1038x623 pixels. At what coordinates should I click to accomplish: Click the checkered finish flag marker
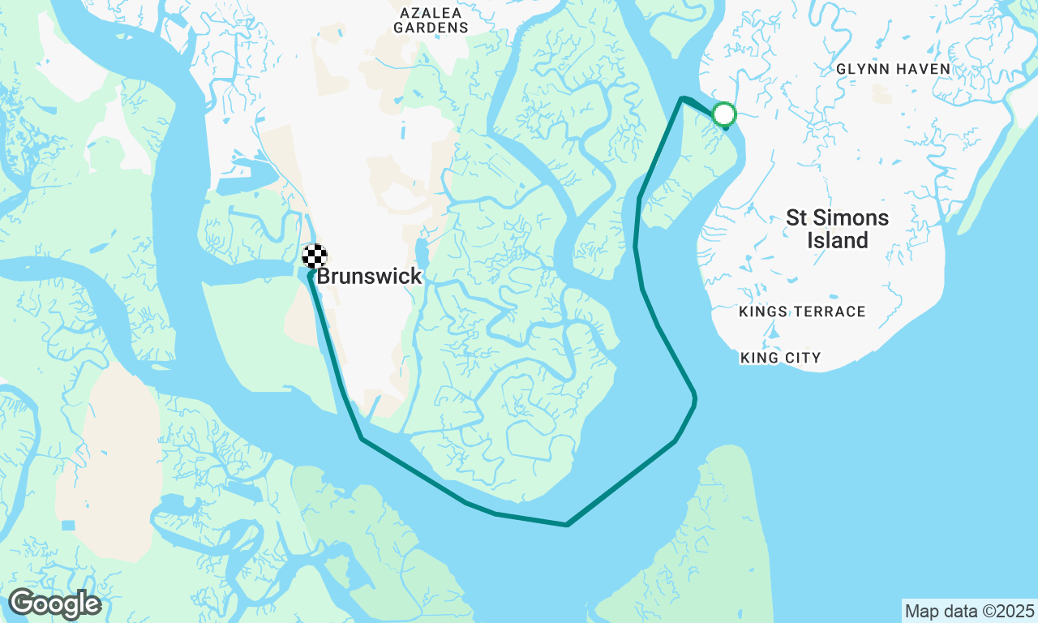pos(315,256)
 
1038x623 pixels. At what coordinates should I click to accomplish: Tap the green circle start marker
pos(724,114)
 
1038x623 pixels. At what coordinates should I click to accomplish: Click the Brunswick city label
pos(369,277)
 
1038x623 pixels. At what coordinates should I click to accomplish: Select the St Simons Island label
pos(838,229)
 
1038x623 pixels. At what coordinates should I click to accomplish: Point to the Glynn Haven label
pos(893,69)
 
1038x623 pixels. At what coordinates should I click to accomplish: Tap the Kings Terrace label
pos(802,311)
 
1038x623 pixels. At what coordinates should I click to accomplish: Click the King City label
pos(780,358)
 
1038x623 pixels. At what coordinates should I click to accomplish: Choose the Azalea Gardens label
pos(431,20)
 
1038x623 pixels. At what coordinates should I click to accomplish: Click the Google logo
pos(54,604)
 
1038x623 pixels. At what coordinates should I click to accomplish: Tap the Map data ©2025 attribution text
pos(969,611)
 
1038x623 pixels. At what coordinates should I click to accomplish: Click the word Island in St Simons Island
pos(838,241)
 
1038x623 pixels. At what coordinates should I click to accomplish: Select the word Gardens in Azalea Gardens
pos(431,28)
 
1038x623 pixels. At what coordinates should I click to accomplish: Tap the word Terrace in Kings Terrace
pos(831,311)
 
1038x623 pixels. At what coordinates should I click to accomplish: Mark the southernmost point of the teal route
pos(566,525)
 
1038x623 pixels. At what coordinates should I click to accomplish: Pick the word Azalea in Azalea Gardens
pos(431,13)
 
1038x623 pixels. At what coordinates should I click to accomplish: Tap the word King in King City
pos(759,358)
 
